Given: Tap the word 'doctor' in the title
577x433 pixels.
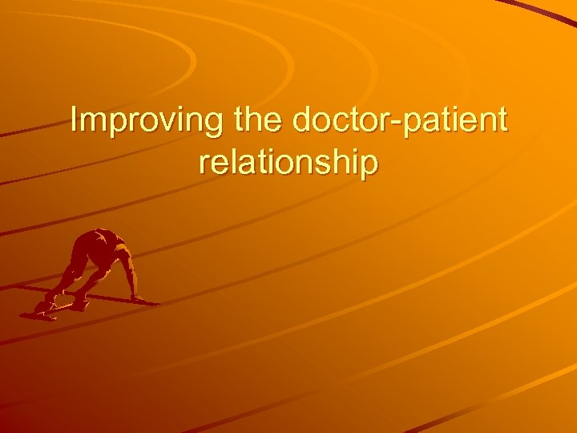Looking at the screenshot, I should pyautogui.click(x=341, y=121).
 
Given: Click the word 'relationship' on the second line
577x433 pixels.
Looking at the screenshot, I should pyautogui.click(x=288, y=162).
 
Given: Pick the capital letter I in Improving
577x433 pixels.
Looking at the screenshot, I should pyautogui.click(x=74, y=120).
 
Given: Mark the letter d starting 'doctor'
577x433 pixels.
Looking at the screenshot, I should pyautogui.click(x=302, y=121).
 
